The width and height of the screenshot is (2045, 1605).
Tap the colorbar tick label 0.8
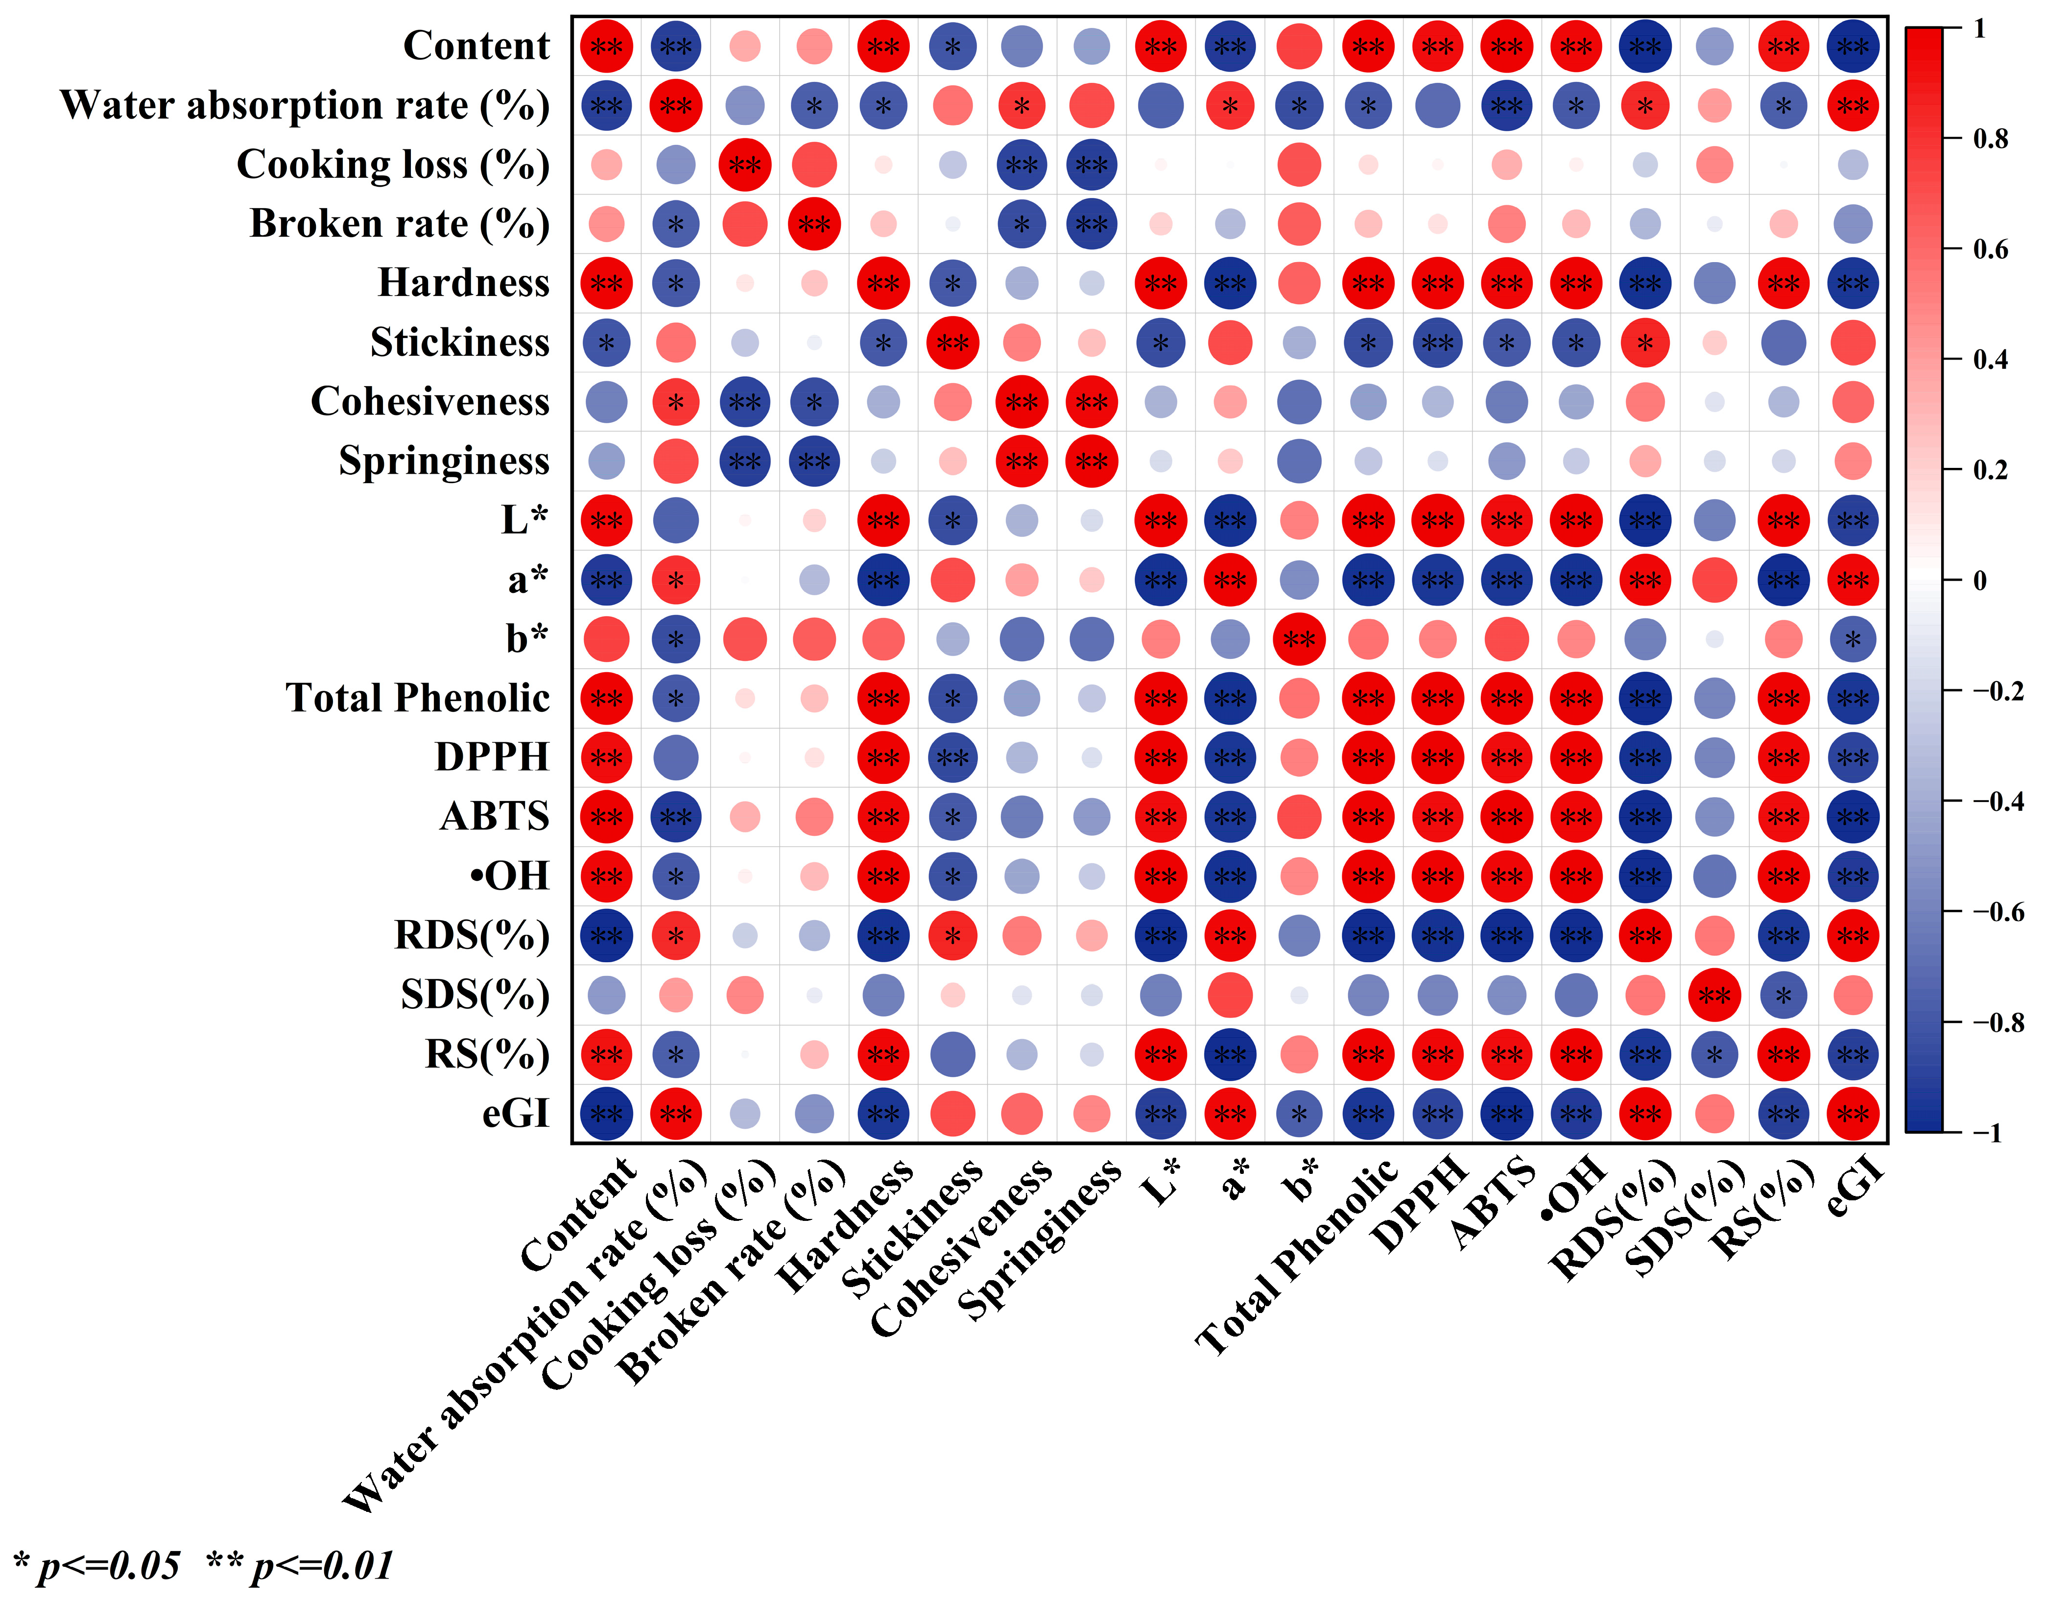[x=1990, y=139]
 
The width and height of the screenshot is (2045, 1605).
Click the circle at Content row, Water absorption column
[x=675, y=46]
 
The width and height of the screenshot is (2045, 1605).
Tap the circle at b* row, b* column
[x=1299, y=639]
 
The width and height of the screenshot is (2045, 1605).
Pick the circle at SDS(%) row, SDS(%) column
[x=1714, y=995]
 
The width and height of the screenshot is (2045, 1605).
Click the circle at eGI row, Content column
[x=606, y=1114]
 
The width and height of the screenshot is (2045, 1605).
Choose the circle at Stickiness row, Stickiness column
[x=952, y=343]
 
